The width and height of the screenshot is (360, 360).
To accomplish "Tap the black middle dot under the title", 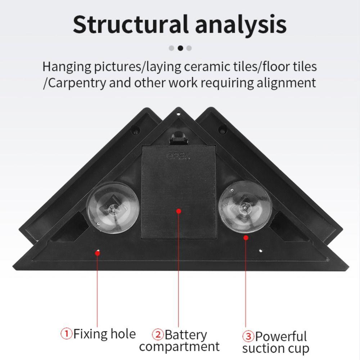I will point(180,48).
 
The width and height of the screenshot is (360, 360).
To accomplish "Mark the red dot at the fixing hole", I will point(97,253).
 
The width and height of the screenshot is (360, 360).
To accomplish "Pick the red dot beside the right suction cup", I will point(246,237).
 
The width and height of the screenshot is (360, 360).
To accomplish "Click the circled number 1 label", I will point(67,334).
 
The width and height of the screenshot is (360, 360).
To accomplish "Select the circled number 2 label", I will point(158,335).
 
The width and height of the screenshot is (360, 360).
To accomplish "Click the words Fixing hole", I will point(104,334).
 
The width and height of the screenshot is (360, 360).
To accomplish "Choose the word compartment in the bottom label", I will point(179,347).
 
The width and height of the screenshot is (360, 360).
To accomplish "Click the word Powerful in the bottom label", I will point(281,337).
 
